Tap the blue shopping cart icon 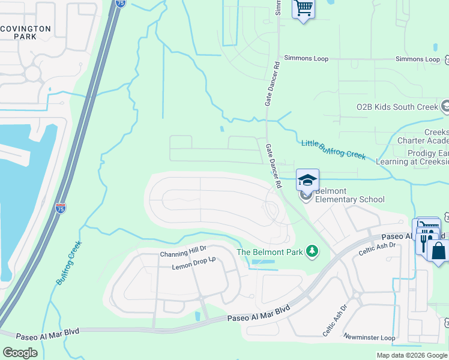coord(304,8)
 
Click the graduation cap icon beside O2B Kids coord(445,106)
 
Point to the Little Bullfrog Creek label coord(333,149)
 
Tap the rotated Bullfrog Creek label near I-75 coord(69,262)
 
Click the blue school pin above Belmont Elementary coord(307,179)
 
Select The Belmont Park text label coord(270,252)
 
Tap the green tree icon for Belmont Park coord(312,251)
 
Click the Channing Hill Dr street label coord(182,254)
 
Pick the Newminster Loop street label coord(369,338)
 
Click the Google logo coord(20,352)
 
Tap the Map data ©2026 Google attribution coord(411,355)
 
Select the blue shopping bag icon coord(438,250)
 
